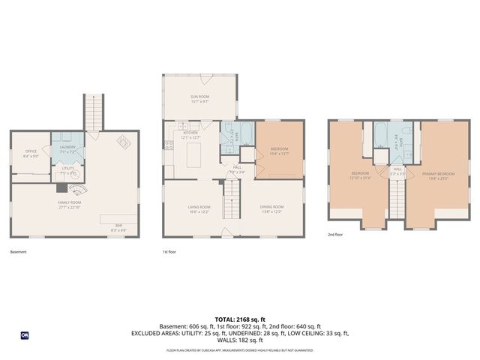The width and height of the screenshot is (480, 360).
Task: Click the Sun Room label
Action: pos(199,98)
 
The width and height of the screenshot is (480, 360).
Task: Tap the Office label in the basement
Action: pos(31,154)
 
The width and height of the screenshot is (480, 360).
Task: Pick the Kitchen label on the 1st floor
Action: pos(190,135)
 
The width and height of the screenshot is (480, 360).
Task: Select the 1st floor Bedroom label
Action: pos(279,151)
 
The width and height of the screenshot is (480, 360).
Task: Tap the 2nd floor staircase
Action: pos(397,199)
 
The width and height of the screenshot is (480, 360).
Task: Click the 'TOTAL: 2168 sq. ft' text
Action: pos(239,319)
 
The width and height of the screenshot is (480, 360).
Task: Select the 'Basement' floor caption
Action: pos(18,252)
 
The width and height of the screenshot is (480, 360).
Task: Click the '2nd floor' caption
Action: pos(335,235)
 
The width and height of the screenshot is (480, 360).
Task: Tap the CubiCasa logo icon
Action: pos(24,335)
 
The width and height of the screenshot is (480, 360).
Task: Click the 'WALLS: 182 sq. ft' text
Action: pos(239,340)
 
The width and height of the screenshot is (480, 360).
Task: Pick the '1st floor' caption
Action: pos(170,252)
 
